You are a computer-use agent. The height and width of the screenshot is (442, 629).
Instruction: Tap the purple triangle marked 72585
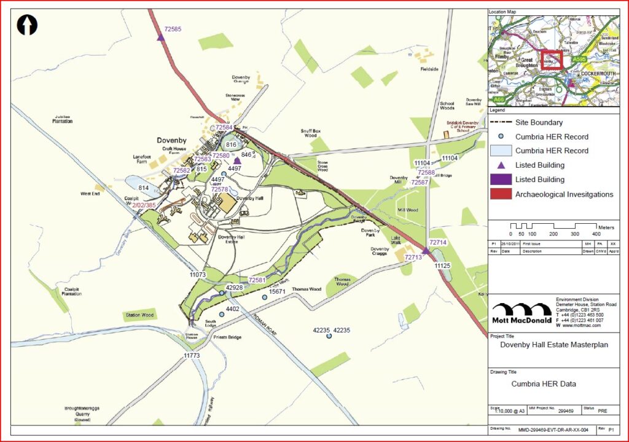coord(161,37)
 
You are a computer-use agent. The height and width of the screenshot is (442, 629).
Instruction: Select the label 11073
coord(198,274)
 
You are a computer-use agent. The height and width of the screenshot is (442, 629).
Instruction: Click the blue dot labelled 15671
coord(265,298)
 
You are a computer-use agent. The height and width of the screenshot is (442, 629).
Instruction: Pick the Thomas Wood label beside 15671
coord(307,289)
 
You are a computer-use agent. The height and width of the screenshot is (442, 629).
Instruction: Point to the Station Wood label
coord(139,315)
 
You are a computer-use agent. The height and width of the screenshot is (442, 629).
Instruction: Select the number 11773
coord(192,356)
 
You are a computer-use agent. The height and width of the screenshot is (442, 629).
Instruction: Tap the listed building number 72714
coord(439,243)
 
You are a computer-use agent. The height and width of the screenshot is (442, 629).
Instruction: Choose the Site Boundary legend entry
coord(539,123)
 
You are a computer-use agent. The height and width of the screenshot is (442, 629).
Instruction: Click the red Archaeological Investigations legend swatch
coord(501,194)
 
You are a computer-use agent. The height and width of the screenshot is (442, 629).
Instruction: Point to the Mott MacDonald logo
coord(521,313)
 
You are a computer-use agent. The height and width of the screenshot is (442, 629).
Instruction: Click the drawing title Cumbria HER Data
coord(544,384)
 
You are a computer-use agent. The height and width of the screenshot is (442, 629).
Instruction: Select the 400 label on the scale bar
coord(596,234)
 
